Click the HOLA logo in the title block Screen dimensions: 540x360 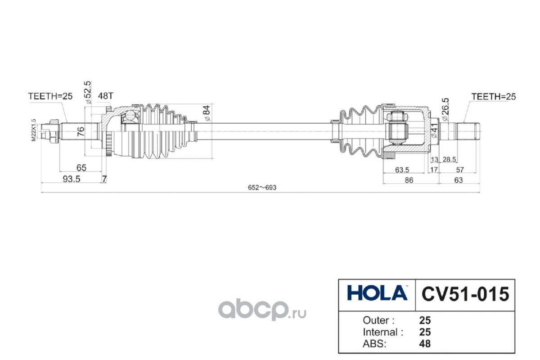point(377,293)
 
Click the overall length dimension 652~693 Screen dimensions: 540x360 point(262,187)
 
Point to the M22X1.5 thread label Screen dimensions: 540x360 point(33,130)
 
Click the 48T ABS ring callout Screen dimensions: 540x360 point(105,96)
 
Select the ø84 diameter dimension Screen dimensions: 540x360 point(207,113)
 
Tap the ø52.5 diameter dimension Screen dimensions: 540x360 point(88,92)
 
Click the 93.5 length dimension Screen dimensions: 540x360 point(72,179)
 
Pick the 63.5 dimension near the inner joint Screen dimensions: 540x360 point(402,170)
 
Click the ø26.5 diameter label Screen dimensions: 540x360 point(445,109)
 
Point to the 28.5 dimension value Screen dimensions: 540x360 point(449,159)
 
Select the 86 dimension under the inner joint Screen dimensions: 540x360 point(409,180)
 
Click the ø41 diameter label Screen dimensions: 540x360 point(434,130)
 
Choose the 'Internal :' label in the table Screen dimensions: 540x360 point(383,332)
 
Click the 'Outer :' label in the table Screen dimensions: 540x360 point(378,320)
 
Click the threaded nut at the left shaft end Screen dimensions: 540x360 point(49,131)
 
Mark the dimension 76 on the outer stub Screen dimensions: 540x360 point(81,131)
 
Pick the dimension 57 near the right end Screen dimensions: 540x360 point(460,170)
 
